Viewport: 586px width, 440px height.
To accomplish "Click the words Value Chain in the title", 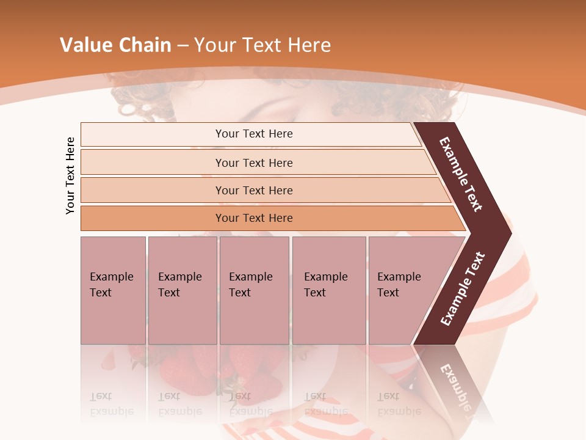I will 115,45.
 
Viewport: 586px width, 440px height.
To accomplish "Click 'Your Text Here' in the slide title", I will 262,45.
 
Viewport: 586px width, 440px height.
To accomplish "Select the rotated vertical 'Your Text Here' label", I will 70,175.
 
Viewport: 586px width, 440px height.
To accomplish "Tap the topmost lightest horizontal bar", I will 253,134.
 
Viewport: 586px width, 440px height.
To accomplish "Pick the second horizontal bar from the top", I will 253,163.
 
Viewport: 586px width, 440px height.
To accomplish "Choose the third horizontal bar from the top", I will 253,190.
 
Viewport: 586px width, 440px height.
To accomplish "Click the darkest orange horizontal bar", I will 253,218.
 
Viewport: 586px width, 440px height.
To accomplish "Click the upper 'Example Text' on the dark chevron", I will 461,174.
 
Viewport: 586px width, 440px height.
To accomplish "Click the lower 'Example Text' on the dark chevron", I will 463,289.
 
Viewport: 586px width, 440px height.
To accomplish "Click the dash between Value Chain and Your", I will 183,46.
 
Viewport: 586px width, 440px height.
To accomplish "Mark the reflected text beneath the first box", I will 111,404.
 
